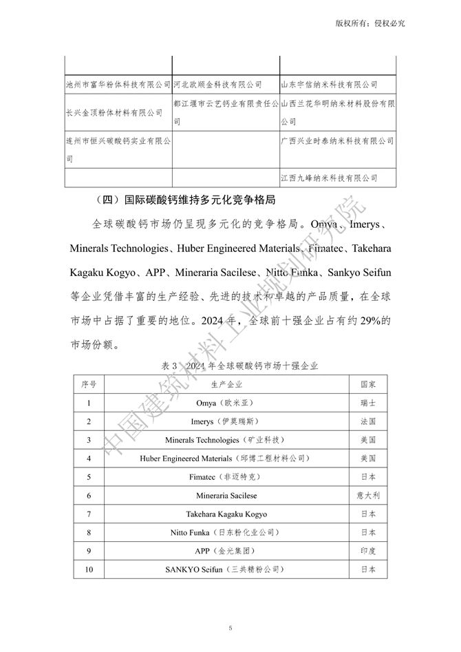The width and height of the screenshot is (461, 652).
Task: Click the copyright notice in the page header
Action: [369, 23]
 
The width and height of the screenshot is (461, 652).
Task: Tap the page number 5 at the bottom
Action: [231, 627]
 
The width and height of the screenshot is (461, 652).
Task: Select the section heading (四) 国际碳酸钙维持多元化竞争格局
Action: [188, 200]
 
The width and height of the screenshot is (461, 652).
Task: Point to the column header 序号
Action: [89, 383]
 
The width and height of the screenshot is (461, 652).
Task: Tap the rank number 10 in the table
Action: [89, 569]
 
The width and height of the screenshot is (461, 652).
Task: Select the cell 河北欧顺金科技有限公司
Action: [217, 84]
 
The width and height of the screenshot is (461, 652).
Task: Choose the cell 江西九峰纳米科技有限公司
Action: [330, 178]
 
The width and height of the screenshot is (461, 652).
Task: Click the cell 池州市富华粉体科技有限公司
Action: [118, 84]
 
